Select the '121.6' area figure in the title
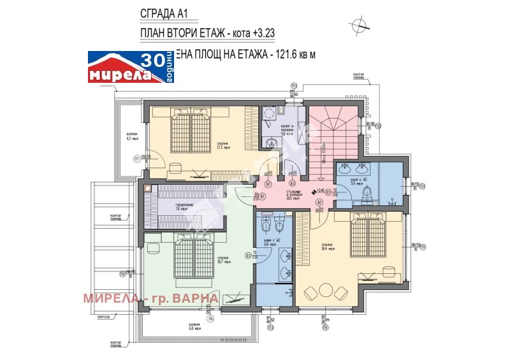tap(281, 55)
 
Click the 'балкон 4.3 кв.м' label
tap(132, 136)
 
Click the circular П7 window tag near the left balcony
tap(136, 159)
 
